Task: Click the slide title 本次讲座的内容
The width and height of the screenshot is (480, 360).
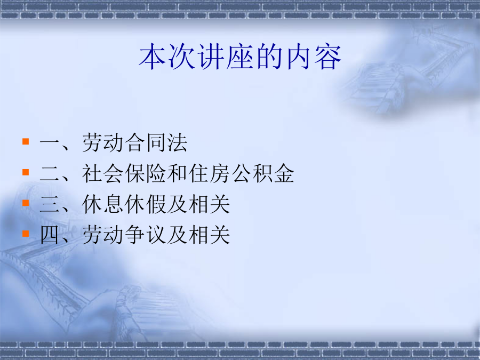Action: (240, 57)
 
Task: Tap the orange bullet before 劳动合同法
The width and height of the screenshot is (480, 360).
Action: (26, 141)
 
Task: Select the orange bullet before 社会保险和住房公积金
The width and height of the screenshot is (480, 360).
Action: (26, 172)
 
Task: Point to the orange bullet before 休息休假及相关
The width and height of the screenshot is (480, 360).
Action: (26, 203)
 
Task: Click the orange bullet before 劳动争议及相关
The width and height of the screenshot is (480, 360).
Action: (26, 234)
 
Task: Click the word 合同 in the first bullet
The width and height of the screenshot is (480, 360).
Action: (145, 142)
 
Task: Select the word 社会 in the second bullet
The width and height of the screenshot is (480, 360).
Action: (102, 173)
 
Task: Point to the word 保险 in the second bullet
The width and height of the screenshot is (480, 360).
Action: (145, 173)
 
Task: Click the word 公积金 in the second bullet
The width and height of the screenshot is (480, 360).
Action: (262, 173)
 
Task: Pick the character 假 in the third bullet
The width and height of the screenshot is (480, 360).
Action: (156, 204)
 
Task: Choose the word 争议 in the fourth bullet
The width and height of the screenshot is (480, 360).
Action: (145, 235)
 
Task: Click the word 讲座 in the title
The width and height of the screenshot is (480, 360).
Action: (225, 57)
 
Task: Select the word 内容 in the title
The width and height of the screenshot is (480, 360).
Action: (314, 57)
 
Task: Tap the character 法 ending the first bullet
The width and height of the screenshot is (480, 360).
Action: (177, 142)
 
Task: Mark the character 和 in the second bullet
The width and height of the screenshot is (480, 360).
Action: (177, 173)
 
